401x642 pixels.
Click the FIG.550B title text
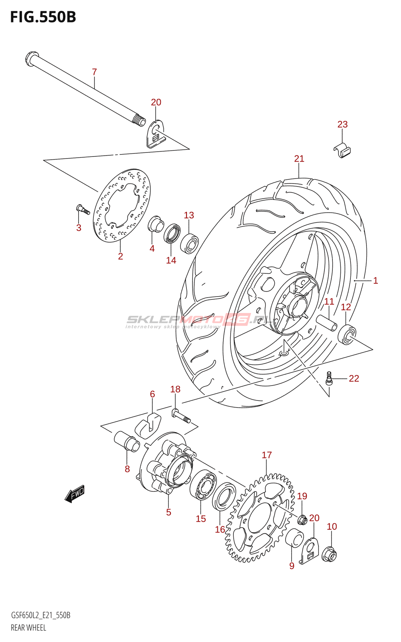coord(43,18)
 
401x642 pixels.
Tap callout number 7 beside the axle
coord(95,72)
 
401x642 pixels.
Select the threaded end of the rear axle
coord(140,121)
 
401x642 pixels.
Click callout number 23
coord(342,124)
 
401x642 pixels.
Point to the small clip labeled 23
coord(342,150)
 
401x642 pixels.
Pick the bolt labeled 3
coord(83,209)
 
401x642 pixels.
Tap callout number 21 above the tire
coord(299,158)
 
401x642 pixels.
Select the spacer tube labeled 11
coord(327,323)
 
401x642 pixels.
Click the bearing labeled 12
coord(347,335)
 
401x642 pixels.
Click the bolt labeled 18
coord(181,416)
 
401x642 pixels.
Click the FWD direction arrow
coord(75,494)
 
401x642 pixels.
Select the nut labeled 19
coord(302,520)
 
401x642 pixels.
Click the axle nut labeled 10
coord(329,555)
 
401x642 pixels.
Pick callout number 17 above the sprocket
coord(267,455)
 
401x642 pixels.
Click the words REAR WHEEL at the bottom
coord(28,628)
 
